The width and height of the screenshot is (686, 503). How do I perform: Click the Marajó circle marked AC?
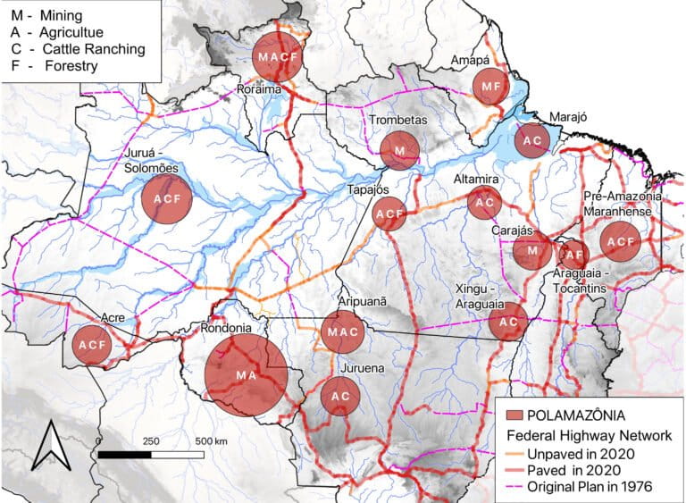coord(531,141)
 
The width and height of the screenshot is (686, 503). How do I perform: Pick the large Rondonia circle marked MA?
coord(246,376)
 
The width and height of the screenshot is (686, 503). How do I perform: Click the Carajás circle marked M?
coord(532,251)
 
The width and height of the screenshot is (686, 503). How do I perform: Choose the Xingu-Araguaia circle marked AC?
coord(508,322)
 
